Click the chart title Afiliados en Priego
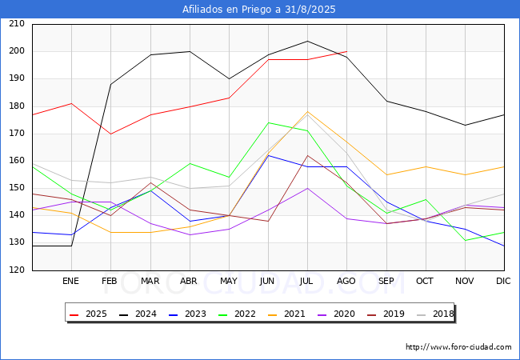(258, 10)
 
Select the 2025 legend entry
(89, 314)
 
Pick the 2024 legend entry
(138, 314)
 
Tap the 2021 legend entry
(287, 314)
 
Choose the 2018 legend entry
(435, 314)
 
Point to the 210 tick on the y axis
(17, 23)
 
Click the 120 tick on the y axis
(17, 270)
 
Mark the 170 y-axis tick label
(17, 134)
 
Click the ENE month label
(70, 281)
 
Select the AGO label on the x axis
(346, 281)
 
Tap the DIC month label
(503, 281)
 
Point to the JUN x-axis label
(267, 281)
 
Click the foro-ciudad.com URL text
(458, 347)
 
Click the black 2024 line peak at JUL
(308, 41)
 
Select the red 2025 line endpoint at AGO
(347, 51)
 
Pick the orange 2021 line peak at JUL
(308, 112)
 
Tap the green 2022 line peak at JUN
(268, 122)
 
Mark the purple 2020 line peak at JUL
(308, 188)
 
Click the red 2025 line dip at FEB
(110, 134)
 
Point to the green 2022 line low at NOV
(466, 240)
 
